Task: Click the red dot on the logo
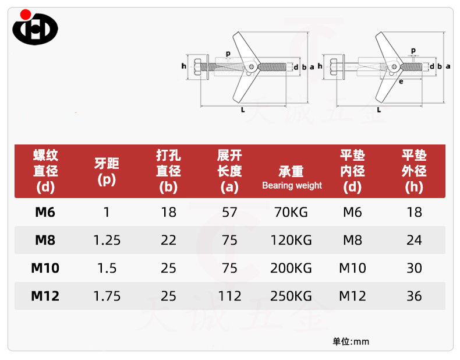tap(26, 15)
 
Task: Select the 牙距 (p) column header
tap(107, 172)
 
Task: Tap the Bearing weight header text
tap(292, 186)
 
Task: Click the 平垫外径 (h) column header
tap(414, 171)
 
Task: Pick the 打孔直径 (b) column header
tap(168, 171)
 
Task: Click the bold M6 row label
tap(45, 212)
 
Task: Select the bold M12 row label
tap(45, 296)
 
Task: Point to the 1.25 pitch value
tap(107, 241)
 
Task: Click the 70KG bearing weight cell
tap(291, 212)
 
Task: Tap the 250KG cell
tap(291, 296)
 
